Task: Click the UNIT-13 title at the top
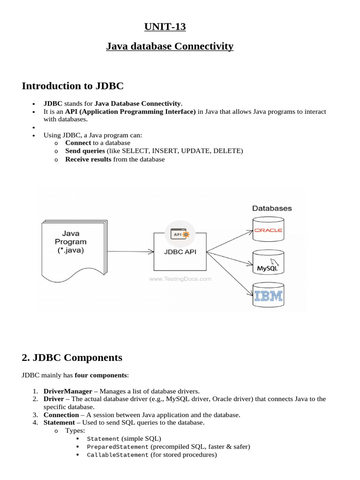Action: pyautogui.click(x=165, y=27)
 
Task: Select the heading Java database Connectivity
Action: pyautogui.click(x=169, y=46)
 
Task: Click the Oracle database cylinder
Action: pyautogui.click(x=268, y=230)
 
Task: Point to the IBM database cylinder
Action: pyautogui.click(x=268, y=296)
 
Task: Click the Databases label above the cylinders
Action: pyautogui.click(x=272, y=208)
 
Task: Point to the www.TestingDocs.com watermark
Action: pyautogui.click(x=180, y=278)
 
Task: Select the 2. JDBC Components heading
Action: pyautogui.click(x=72, y=358)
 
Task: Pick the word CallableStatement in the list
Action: pyautogui.click(x=118, y=455)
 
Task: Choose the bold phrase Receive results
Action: pyautogui.click(x=88, y=159)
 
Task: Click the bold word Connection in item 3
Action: pyautogui.click(x=61, y=415)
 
